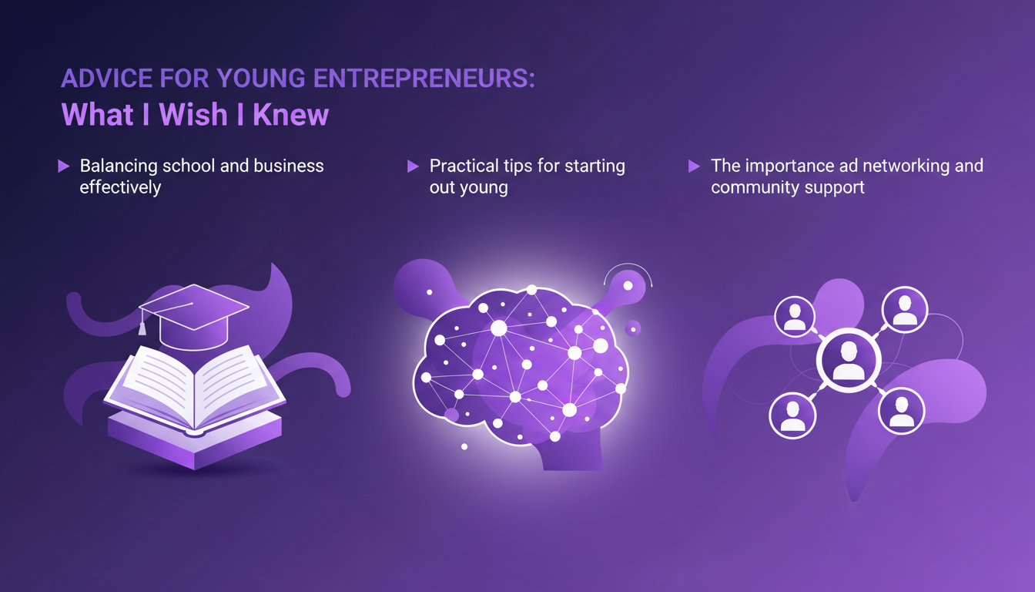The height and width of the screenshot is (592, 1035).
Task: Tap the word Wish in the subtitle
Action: click(x=193, y=115)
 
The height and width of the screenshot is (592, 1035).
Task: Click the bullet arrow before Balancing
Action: click(x=64, y=166)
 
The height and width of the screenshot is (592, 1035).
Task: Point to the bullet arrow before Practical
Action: click(x=414, y=166)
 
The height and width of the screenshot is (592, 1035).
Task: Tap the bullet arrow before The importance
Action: click(x=694, y=166)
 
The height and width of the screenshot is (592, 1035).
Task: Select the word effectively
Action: click(x=120, y=187)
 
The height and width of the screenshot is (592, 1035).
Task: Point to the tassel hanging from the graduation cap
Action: click(x=142, y=326)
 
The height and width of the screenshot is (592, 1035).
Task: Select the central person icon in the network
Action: click(x=848, y=361)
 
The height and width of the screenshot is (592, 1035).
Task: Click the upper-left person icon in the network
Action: click(x=794, y=316)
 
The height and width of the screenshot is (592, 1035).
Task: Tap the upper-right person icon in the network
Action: click(x=905, y=310)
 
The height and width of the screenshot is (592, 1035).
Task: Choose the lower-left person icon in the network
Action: click(x=792, y=415)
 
